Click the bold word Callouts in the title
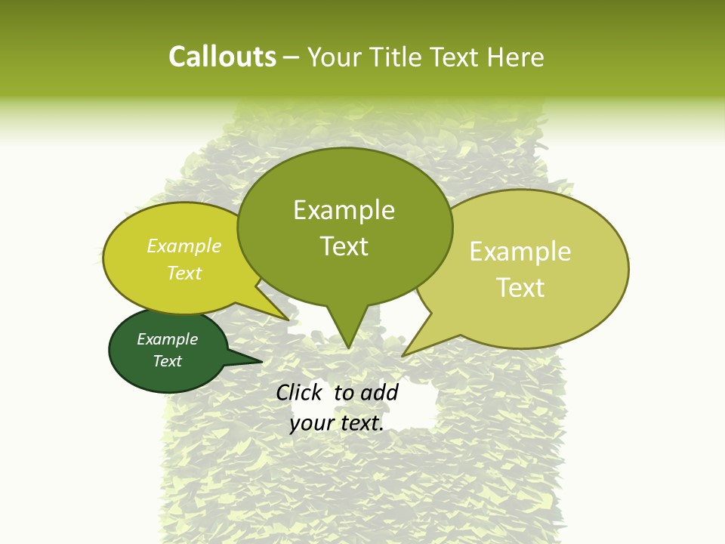pyautogui.click(x=222, y=57)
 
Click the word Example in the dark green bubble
pyautogui.click(x=167, y=339)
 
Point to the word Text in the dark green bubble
pyautogui.click(x=167, y=361)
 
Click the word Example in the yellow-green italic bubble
pyautogui.click(x=184, y=246)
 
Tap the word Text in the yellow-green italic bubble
pyautogui.click(x=184, y=273)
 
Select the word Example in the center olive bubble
pyautogui.click(x=344, y=210)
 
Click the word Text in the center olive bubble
pyautogui.click(x=344, y=246)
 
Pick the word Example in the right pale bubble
pyautogui.click(x=520, y=252)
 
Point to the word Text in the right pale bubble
pyautogui.click(x=520, y=288)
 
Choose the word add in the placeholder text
pyautogui.click(x=380, y=392)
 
